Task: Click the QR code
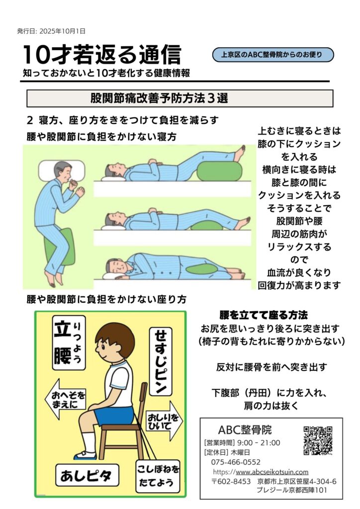[x=318, y=440]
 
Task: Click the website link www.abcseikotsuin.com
[x=272, y=472]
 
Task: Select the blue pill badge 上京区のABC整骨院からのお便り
[x=272, y=55]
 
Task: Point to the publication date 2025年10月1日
[x=62, y=31]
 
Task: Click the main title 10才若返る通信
[x=102, y=55]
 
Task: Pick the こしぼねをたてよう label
[x=158, y=476]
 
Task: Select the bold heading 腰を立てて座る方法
[x=264, y=315]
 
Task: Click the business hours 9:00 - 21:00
[x=259, y=443]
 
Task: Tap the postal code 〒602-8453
[x=231, y=481]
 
